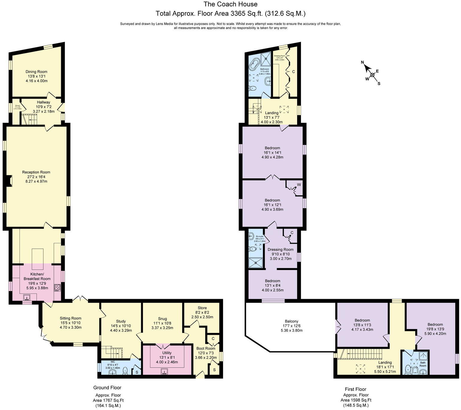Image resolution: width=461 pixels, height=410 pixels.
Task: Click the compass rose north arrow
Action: (x=367, y=67)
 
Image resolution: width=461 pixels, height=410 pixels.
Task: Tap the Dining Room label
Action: (x=36, y=72)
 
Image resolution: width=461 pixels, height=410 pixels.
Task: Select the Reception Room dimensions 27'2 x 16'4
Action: (x=36, y=177)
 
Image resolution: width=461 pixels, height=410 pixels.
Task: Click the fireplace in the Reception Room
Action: (x=8, y=181)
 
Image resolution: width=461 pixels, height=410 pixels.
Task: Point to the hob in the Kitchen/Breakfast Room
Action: (x=57, y=288)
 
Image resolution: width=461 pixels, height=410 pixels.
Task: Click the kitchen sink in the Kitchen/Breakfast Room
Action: (x=27, y=298)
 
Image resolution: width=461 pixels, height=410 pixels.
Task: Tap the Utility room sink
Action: (x=164, y=371)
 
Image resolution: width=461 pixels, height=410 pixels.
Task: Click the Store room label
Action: (x=202, y=308)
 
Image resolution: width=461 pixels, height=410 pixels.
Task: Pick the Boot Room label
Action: (x=206, y=348)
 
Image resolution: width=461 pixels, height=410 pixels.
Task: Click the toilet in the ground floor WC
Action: (x=125, y=371)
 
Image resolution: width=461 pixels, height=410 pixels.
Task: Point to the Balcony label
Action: (x=291, y=321)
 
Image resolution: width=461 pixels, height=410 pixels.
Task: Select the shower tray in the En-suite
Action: (x=256, y=263)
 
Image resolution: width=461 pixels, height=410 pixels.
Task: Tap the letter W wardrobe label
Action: (x=299, y=185)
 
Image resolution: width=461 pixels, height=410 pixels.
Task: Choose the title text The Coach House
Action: (x=230, y=4)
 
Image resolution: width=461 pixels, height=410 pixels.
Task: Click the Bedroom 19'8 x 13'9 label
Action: (x=435, y=324)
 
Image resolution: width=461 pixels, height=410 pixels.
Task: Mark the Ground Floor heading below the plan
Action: (x=107, y=388)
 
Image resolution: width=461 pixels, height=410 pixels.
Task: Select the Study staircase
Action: (x=112, y=351)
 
